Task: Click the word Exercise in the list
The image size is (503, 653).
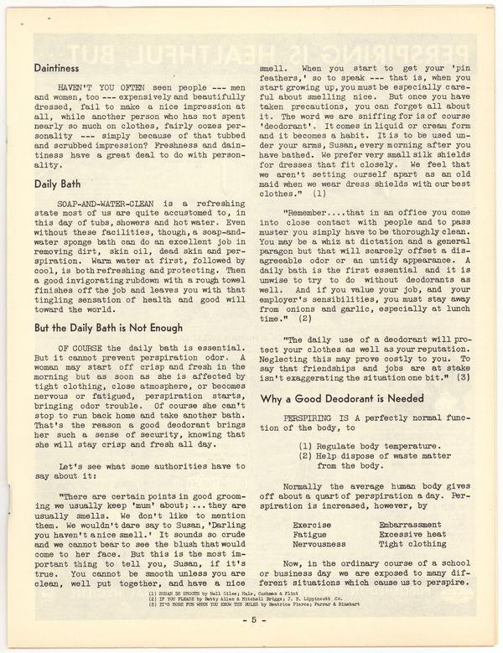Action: [x=311, y=525]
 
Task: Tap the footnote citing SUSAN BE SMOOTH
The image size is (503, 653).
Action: [x=217, y=593]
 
